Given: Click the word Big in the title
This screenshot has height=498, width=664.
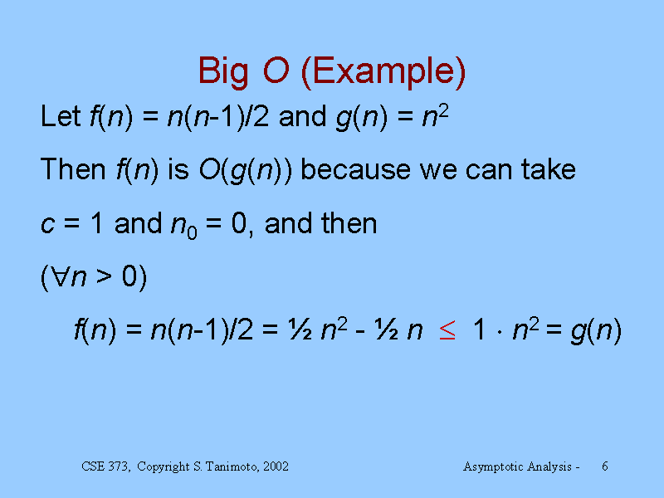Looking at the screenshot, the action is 223,72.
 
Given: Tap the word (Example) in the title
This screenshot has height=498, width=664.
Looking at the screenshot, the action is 383,72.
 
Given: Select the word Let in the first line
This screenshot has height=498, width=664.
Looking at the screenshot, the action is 60,116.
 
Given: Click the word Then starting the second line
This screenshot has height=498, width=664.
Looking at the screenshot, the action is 72,169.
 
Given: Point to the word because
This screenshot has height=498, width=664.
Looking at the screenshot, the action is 355,169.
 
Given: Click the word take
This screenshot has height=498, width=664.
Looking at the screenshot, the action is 548,169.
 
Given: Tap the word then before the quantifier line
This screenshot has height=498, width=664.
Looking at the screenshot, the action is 349,223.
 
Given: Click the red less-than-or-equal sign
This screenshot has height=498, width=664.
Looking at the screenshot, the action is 447,330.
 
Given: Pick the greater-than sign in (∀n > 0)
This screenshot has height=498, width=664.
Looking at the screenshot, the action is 104,277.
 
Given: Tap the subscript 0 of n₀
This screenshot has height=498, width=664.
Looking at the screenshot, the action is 192,232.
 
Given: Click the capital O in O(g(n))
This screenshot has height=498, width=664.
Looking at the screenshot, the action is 209,169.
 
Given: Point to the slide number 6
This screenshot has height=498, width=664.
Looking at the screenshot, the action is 605,466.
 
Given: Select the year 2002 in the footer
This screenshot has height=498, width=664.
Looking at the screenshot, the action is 276,466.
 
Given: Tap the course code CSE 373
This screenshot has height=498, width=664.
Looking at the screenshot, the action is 105,466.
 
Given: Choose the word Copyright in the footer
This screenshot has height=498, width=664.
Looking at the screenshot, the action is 163,467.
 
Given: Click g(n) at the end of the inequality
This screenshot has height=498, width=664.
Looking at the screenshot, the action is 596,330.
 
